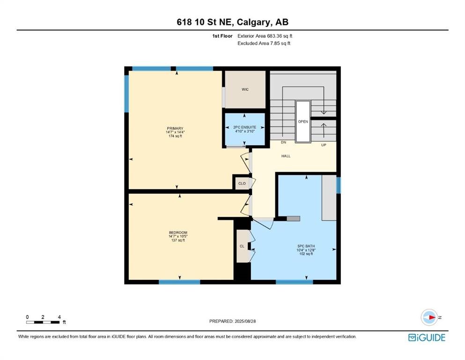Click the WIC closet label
pyautogui.click(x=245, y=90)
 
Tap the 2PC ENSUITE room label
pyautogui.click(x=244, y=127)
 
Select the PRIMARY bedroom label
pyautogui.click(x=175, y=128)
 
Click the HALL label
pyautogui.click(x=286, y=156)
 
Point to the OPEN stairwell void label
pyautogui.click(x=303, y=122)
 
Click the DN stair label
pyautogui.click(x=283, y=142)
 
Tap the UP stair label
pyautogui.click(x=324, y=145)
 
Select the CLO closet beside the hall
pyautogui.click(x=242, y=183)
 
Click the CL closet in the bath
pyautogui.click(x=242, y=246)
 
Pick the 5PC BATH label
pyautogui.click(x=306, y=246)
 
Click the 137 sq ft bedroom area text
pyautogui.click(x=178, y=240)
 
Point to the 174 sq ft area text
pyautogui.click(x=175, y=136)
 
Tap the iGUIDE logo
pyautogui.click(x=427, y=338)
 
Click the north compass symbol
pyautogui.click(x=429, y=317)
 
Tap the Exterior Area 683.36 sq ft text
pyautogui.click(x=265, y=36)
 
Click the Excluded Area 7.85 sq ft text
pyautogui.click(x=264, y=43)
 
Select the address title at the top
pyautogui.click(x=232, y=22)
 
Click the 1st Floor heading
pyautogui.click(x=222, y=36)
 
